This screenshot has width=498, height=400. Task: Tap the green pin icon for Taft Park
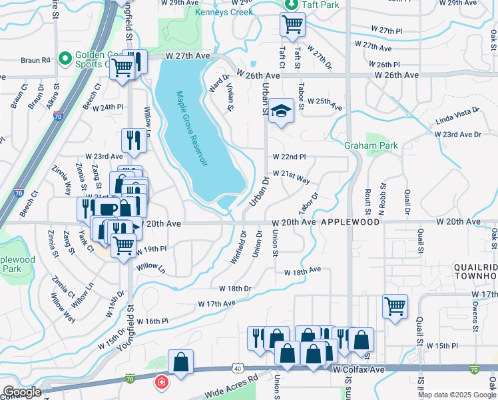click(x=290, y=5)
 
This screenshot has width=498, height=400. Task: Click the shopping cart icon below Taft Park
click(x=292, y=25)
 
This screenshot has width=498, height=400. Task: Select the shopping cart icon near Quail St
click(x=395, y=307)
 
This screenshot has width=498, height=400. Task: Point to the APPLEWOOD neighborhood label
click(x=353, y=221)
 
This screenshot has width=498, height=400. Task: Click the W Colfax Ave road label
click(x=360, y=369)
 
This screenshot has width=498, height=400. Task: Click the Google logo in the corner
click(x=21, y=392)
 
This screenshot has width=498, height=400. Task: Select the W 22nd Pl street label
click(x=288, y=157)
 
